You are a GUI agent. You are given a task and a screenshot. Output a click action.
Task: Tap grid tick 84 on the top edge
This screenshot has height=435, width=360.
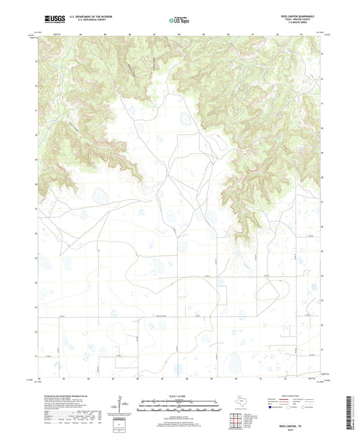tap(80, 33)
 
